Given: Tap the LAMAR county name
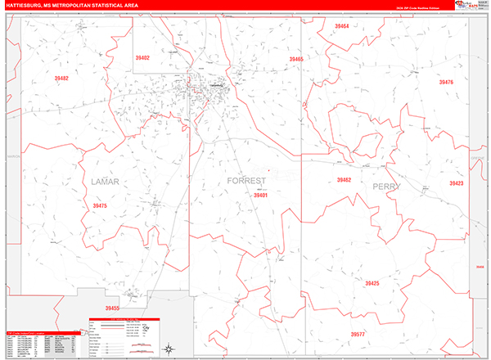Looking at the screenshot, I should [107, 181].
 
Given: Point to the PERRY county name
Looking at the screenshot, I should [386, 187].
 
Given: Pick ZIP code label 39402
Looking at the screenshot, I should [142, 58].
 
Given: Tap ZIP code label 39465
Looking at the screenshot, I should [295, 60].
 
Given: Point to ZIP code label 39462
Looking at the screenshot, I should [344, 179].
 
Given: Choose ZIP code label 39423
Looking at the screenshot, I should [455, 183].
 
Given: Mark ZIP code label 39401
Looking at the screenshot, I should [260, 196].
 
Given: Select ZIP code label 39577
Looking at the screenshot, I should [358, 335].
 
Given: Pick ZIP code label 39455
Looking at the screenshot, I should [112, 308].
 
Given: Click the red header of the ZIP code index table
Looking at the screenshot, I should [41, 332].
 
